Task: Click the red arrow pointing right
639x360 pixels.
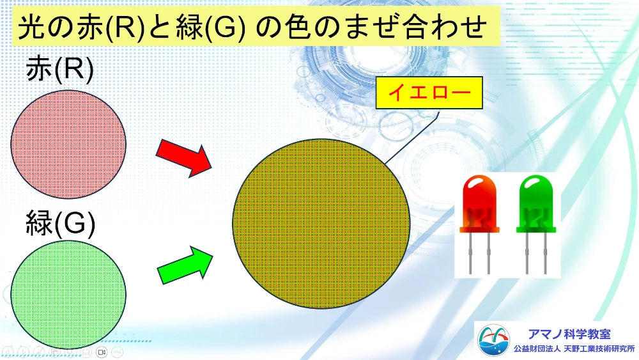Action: click(x=184, y=157)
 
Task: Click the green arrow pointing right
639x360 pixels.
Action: click(x=185, y=265)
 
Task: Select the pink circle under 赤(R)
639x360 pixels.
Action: click(x=68, y=145)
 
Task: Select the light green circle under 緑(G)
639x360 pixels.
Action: click(x=68, y=294)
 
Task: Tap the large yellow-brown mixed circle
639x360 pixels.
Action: click(x=321, y=223)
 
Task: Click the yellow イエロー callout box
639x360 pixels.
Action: click(x=429, y=93)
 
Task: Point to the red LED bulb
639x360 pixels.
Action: click(x=480, y=204)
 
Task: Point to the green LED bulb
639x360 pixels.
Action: click(x=536, y=204)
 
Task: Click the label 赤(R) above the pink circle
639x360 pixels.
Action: click(x=60, y=69)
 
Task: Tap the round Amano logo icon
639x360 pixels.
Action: click(x=493, y=340)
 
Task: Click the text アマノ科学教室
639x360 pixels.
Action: click(x=569, y=334)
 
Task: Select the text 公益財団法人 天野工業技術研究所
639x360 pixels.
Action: click(x=574, y=349)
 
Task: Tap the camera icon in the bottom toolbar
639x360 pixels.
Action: click(x=102, y=352)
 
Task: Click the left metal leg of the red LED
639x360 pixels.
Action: click(x=470, y=253)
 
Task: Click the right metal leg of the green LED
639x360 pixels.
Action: click(x=545, y=253)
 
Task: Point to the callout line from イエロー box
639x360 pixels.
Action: click(x=412, y=137)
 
